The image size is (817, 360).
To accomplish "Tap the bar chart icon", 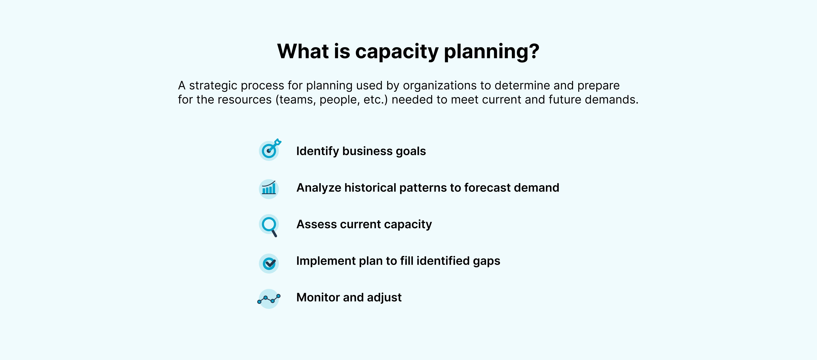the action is [269, 189].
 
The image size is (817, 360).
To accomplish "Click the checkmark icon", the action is [269, 263].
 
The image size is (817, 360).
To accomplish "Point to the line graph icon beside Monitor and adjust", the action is [269, 298].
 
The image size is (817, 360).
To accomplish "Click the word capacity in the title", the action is [397, 52].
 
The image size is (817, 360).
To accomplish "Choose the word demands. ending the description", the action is [612, 100].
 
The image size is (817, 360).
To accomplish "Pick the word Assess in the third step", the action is [316, 224].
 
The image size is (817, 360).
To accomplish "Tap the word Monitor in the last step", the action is [318, 297].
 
